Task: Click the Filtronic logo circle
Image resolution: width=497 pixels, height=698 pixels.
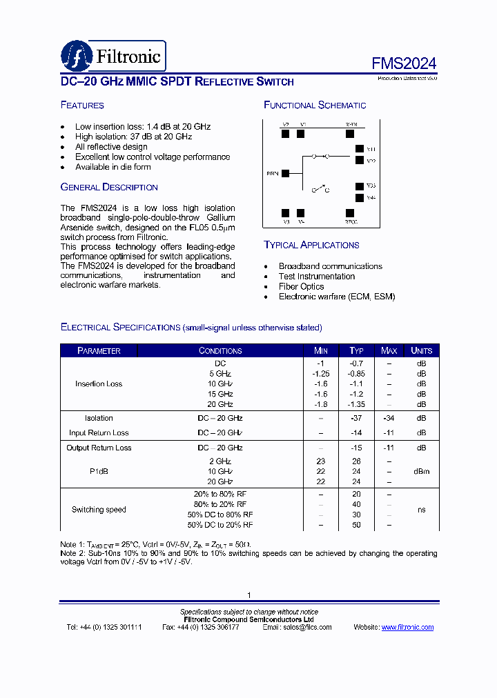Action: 76,55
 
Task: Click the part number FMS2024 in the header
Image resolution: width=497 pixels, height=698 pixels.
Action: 404,63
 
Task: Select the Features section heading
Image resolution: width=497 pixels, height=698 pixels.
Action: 82,106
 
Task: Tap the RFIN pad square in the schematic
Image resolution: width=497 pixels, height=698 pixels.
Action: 285,174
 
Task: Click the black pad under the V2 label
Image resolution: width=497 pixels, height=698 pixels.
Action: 285,134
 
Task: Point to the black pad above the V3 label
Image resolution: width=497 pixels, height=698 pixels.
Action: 285,213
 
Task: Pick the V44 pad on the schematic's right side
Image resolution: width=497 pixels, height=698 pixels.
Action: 359,198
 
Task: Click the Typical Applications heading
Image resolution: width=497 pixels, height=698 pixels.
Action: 311,245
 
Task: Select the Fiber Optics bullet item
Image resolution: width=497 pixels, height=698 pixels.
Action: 301,286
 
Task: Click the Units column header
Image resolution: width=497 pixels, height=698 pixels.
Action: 421,350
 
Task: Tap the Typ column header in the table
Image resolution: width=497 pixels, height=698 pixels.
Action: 356,350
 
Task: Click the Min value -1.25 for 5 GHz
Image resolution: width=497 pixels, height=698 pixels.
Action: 320,374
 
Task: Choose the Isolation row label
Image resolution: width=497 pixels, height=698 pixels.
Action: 99,418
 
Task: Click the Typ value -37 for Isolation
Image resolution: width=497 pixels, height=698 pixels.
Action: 356,418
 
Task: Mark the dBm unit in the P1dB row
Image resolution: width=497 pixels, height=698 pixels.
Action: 421,471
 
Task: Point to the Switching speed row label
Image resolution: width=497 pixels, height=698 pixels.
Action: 99,510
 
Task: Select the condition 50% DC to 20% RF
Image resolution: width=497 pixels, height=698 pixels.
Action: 220,525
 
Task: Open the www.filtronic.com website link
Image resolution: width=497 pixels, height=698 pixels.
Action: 407,627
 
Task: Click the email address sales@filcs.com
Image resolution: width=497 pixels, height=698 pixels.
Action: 306,627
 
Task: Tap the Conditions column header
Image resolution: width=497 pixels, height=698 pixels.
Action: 220,350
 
